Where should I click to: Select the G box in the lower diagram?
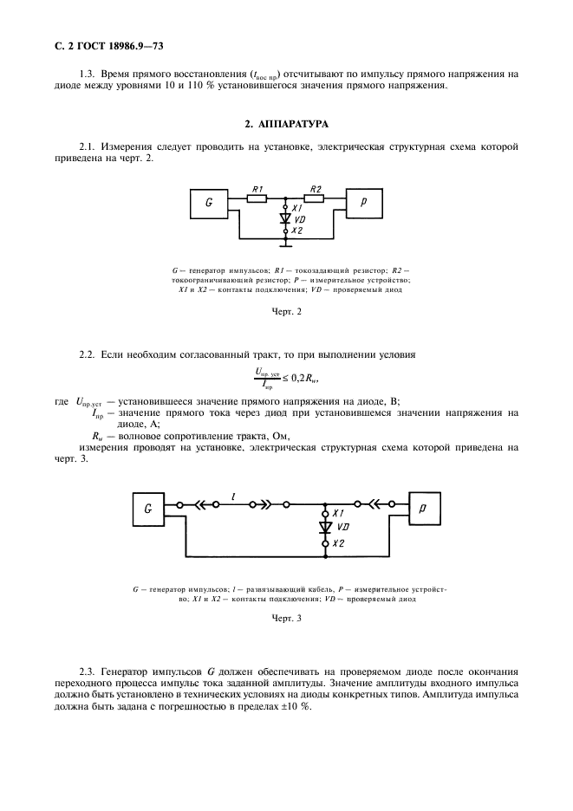(149, 509)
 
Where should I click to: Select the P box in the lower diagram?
(422, 509)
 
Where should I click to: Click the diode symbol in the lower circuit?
(325, 527)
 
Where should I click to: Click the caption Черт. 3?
(286, 620)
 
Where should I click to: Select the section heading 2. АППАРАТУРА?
(286, 124)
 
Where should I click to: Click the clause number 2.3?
(86, 671)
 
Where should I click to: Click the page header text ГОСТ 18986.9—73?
(105, 43)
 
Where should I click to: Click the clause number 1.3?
(87, 74)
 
